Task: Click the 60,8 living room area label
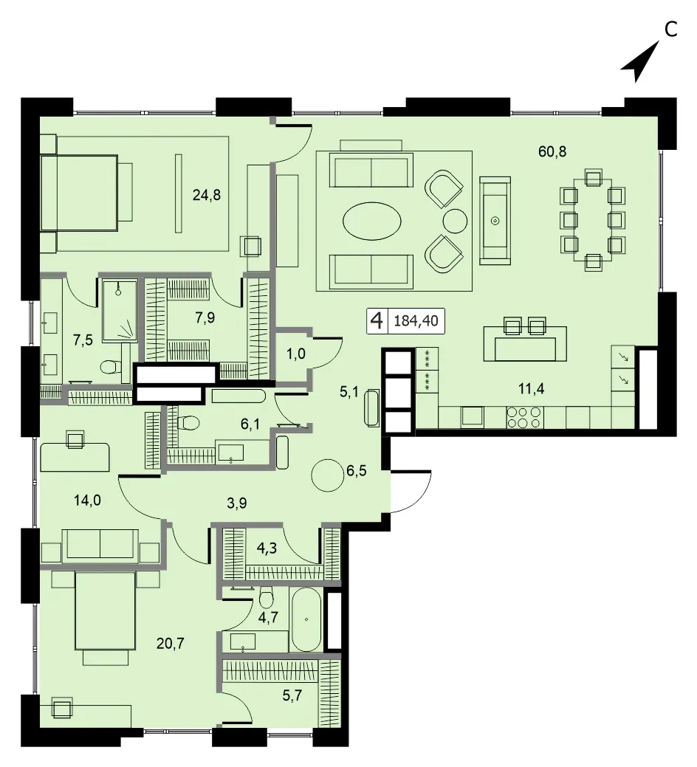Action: coord(552,151)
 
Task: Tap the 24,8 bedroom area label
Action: coord(207,195)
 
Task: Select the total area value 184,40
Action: coord(416,321)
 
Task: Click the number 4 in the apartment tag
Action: coord(377,321)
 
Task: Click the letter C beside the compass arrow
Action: coord(671,30)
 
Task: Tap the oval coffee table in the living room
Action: coord(372,221)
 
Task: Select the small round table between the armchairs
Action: coord(455,221)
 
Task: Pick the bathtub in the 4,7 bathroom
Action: coord(306,619)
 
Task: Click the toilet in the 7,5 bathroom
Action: coord(111,366)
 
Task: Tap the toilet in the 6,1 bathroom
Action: coord(188,422)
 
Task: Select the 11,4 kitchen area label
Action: coord(531,389)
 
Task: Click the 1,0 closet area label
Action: coord(295,353)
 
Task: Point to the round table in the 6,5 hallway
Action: coord(328,475)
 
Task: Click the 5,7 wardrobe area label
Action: coord(292,695)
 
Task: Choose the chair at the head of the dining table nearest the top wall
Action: coord(594,176)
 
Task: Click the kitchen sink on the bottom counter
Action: coord(472,417)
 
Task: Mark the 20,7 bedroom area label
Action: coord(171,644)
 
